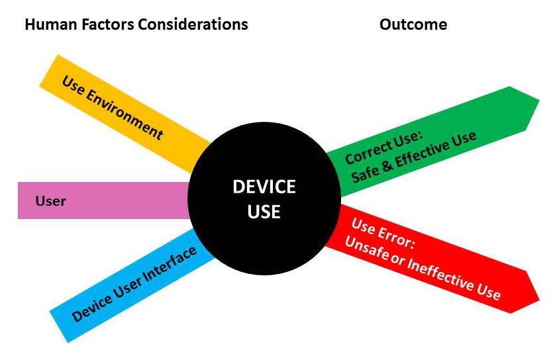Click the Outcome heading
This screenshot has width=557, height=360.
point(413,25)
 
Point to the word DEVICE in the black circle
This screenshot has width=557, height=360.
point(264,187)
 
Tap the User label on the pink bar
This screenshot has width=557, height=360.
point(50,201)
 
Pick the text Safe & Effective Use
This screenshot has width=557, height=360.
point(413,157)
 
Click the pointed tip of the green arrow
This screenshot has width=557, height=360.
point(538,101)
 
